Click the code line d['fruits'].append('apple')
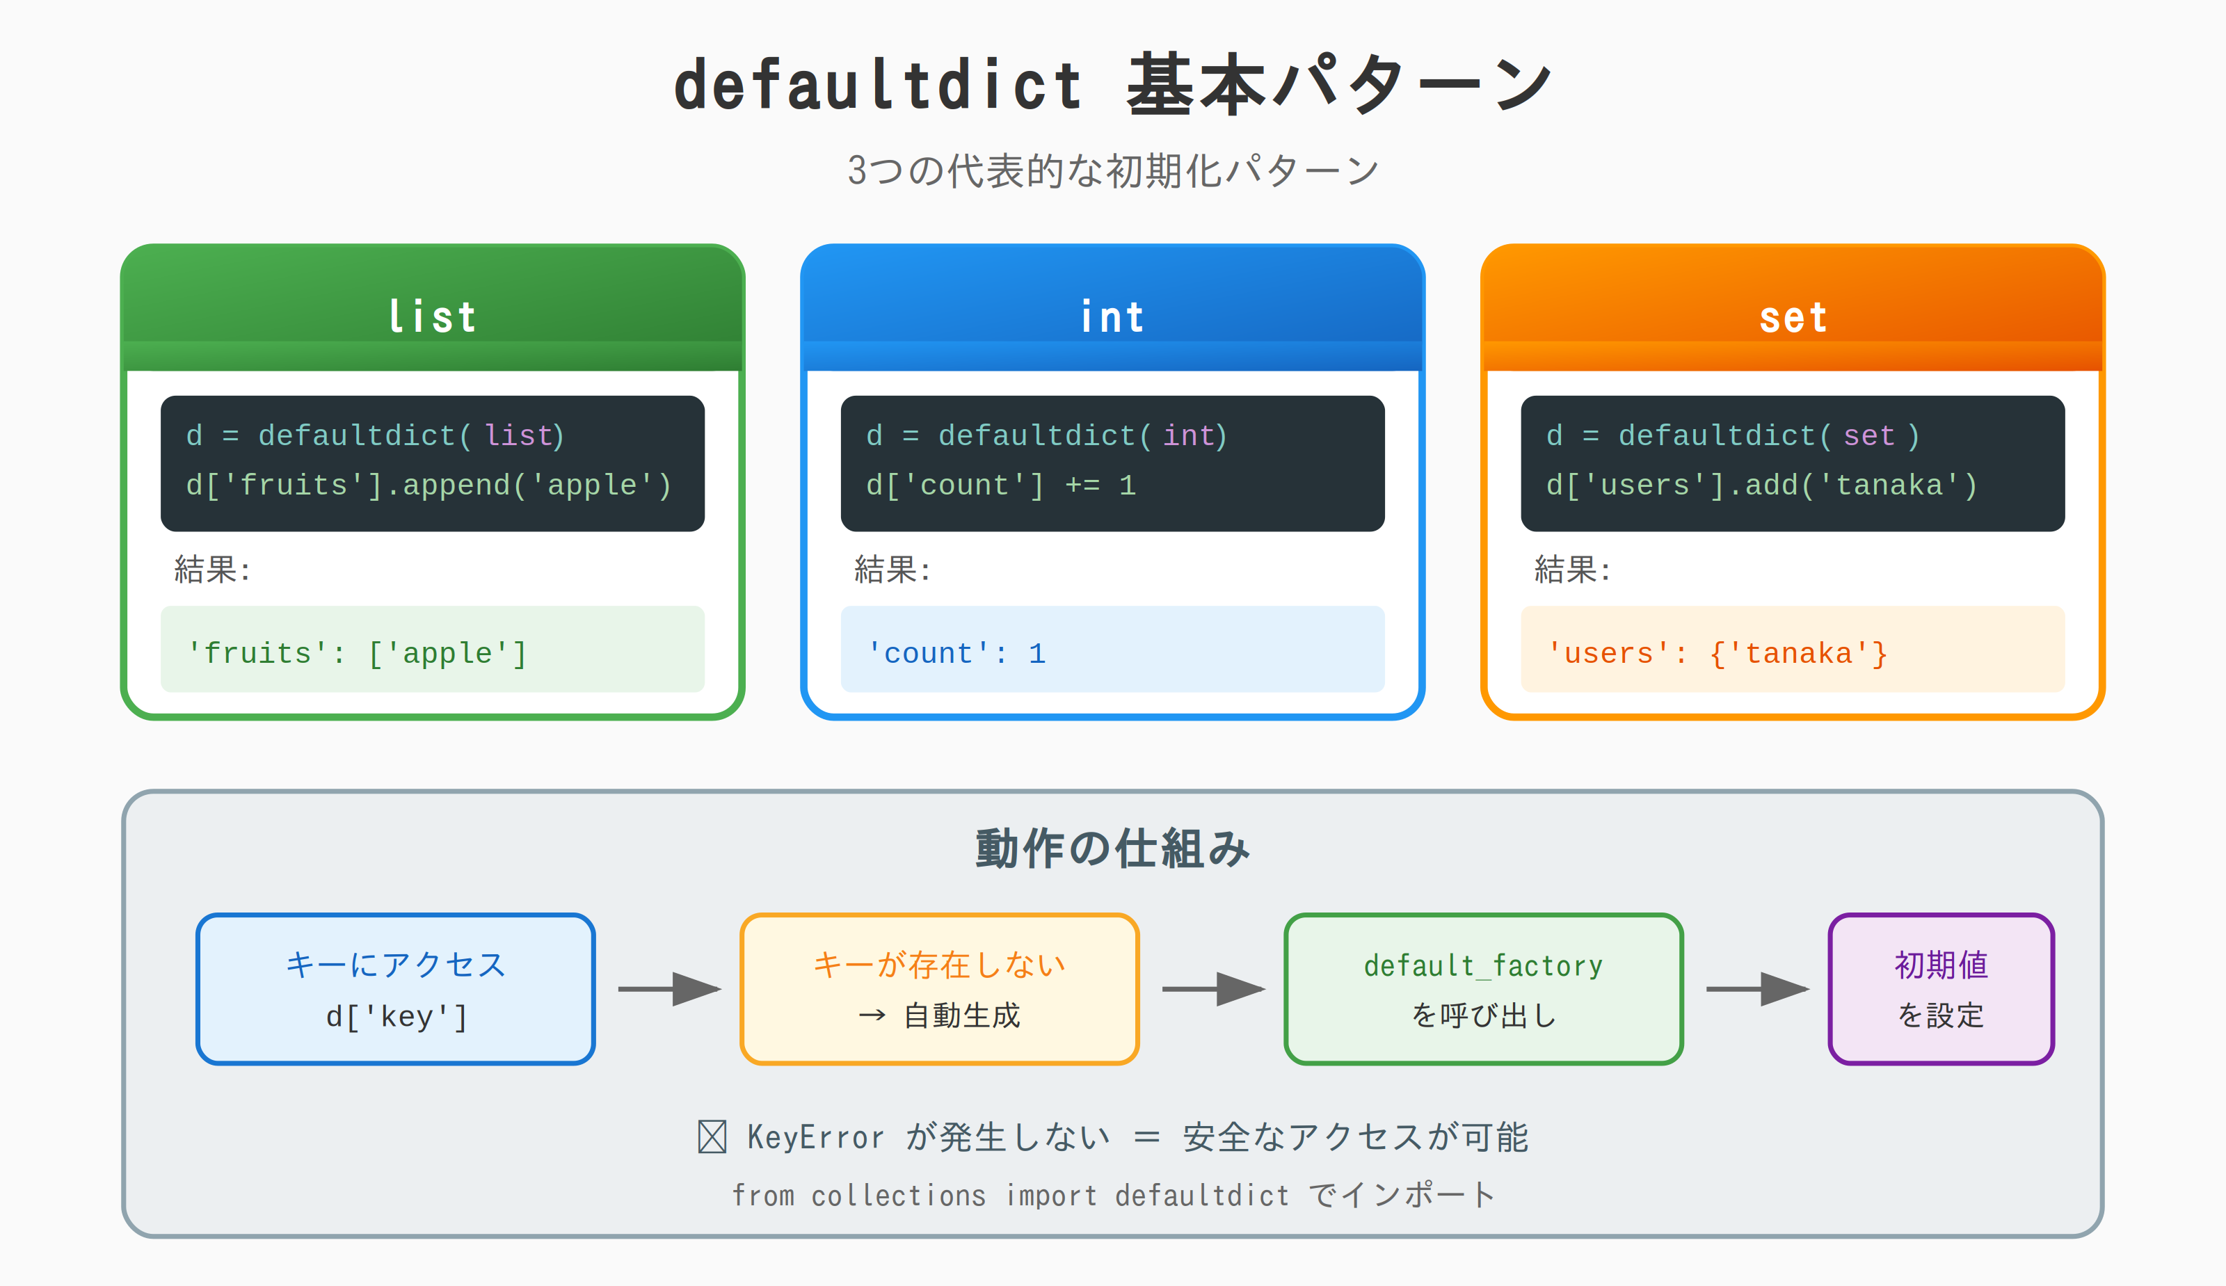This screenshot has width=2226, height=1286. click(429, 485)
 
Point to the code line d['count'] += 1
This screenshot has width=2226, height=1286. click(1001, 485)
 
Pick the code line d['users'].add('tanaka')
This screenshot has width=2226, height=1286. click(1761, 485)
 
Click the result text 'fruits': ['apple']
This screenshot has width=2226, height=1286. click(357, 654)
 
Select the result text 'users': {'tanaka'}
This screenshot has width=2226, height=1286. click(1717, 654)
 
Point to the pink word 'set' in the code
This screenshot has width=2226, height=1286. click(1869, 435)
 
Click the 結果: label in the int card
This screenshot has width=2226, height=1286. click(892, 570)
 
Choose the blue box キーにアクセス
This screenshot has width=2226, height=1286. click(395, 988)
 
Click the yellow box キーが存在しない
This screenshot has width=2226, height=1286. click(939, 988)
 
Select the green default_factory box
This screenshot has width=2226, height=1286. click(1483, 988)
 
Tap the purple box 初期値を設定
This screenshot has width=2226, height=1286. click(1941, 988)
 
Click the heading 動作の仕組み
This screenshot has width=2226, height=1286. click(1112, 849)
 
